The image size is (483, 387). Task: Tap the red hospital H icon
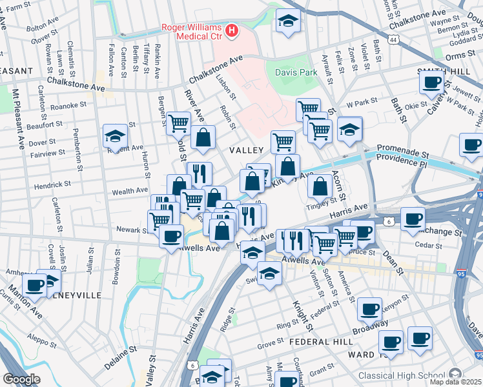(x=231, y=30)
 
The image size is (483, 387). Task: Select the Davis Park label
(x=296, y=73)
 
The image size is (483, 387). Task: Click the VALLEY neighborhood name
(x=245, y=150)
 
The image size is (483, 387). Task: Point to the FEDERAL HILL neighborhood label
(x=320, y=341)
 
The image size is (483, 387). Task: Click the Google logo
(x=21, y=379)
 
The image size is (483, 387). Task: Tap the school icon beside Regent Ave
(x=115, y=136)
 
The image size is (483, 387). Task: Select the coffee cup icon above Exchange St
(x=413, y=218)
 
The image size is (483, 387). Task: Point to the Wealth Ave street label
(x=130, y=191)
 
